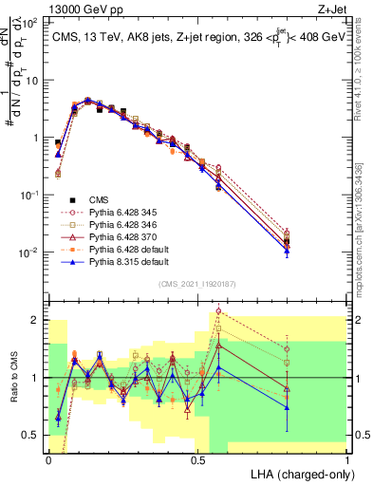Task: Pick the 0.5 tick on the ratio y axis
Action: pos(31,435)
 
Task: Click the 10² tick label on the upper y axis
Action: pos(30,22)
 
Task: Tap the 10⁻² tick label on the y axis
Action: pos(30,252)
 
